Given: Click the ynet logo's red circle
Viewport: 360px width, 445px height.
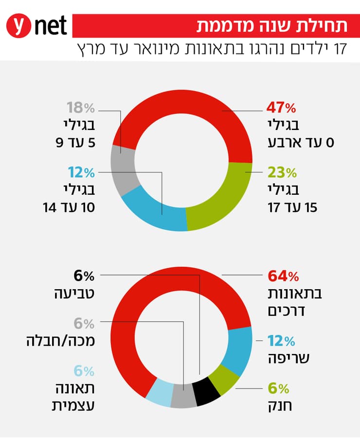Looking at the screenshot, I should coord(19,26).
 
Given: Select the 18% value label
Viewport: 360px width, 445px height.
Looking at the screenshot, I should coord(79,108).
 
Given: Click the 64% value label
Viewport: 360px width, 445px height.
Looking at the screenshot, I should coord(283,277).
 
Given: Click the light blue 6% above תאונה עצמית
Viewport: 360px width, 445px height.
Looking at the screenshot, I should coord(84,371).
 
